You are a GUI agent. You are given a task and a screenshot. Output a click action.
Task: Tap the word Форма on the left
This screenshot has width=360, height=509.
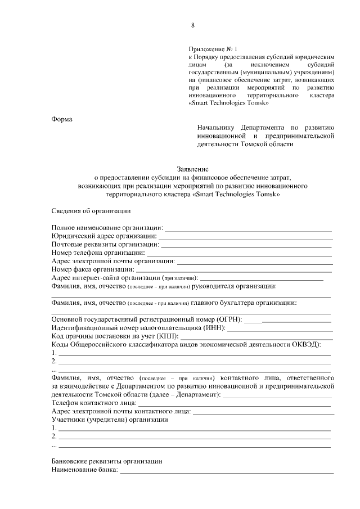point(62,118)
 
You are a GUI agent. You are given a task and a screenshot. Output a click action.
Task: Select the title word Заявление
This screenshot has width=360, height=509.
point(193,168)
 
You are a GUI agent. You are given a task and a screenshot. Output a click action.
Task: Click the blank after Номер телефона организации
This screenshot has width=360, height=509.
point(240,255)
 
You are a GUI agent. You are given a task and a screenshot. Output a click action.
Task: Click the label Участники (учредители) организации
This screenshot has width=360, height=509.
point(110,420)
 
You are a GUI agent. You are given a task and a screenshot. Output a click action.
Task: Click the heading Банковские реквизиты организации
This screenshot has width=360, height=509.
point(106,461)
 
